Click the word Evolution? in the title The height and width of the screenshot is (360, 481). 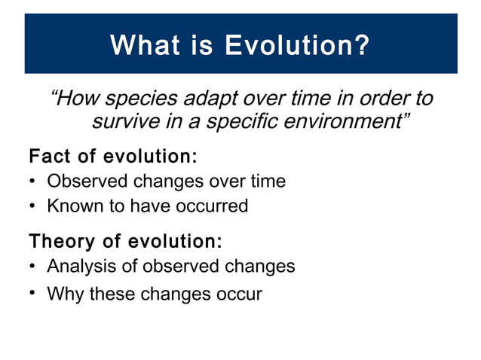[x=297, y=45]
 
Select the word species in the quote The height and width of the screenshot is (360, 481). [x=135, y=99]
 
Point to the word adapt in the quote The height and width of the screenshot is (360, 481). [x=200, y=99]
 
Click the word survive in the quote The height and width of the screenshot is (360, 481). [x=122, y=121]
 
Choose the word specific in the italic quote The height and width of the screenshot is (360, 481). [x=237, y=121]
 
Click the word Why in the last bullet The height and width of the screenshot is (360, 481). [x=65, y=293]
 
